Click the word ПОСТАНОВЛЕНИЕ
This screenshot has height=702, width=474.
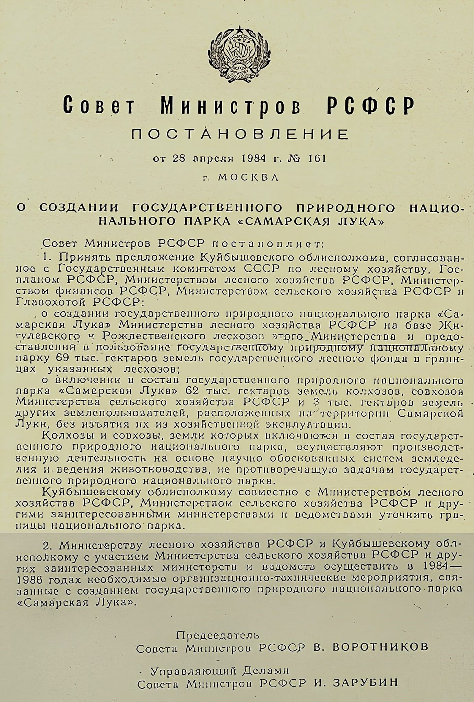tap(240, 134)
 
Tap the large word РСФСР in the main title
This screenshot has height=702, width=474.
tap(370, 105)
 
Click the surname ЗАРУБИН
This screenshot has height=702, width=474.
tap(365, 682)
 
